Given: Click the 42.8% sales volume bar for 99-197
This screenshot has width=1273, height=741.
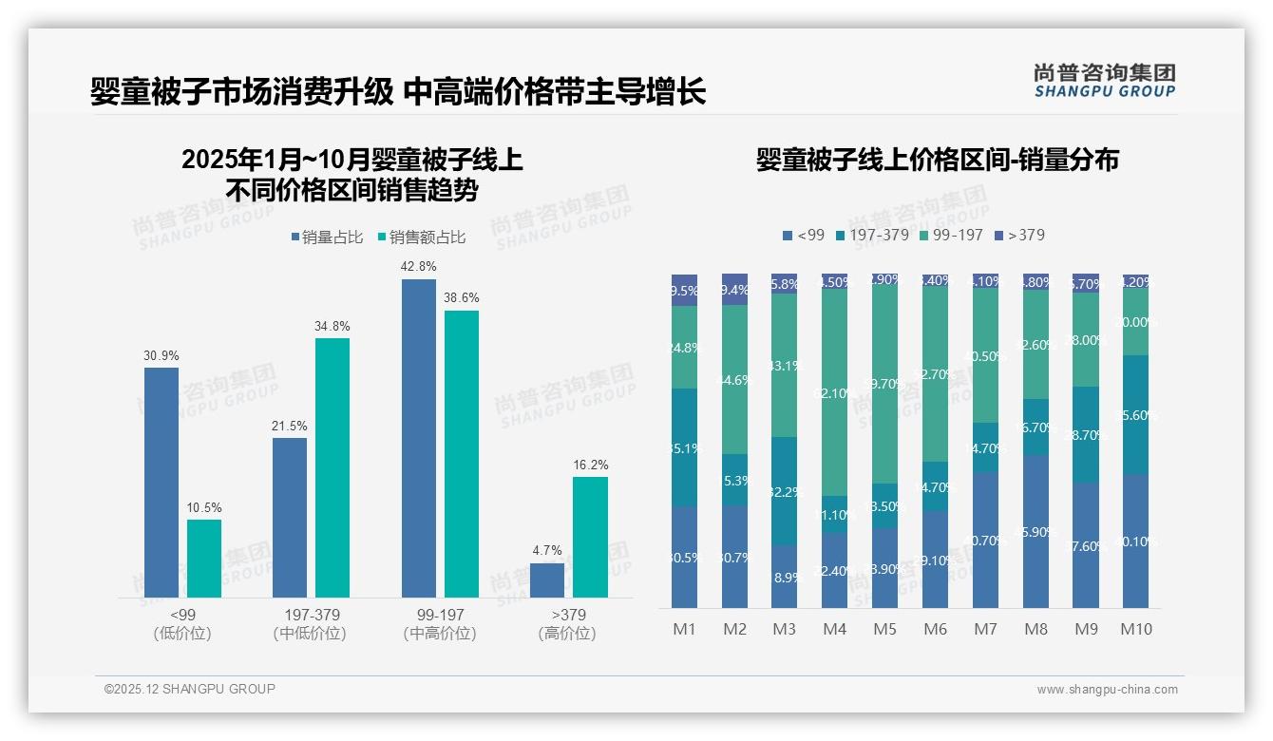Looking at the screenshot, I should tap(418, 438).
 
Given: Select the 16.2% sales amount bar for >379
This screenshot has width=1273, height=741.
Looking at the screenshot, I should tap(590, 537).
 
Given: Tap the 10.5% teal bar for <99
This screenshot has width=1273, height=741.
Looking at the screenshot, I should tap(203, 559).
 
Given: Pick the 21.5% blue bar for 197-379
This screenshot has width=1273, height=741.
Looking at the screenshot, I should tap(290, 518).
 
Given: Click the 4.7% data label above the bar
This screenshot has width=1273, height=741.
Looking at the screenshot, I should tap(547, 550).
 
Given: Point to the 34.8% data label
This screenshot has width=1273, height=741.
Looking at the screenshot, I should tap(332, 326).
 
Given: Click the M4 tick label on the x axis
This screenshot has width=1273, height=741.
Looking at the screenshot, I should tap(834, 629).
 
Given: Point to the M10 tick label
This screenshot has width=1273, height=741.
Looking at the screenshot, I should tap(1135, 629).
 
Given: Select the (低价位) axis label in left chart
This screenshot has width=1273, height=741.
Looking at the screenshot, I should tap(181, 634).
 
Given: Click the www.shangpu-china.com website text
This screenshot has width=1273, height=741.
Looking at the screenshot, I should tap(1107, 689).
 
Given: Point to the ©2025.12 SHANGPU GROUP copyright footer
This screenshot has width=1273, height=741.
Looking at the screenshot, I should tap(190, 689).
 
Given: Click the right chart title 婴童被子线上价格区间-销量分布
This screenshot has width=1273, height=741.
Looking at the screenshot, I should tap(937, 160).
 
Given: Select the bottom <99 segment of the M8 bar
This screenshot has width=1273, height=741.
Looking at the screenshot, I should tap(1035, 532).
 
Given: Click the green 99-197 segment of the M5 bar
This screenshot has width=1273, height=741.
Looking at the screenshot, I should tap(885, 385).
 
